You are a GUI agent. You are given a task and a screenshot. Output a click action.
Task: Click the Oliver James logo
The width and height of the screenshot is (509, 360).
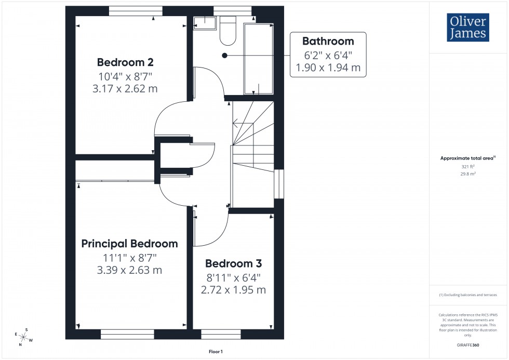467,28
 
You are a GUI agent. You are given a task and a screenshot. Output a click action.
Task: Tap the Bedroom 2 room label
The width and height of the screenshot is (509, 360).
125,62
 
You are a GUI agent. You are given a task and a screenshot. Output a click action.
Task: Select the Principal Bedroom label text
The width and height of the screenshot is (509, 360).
130,244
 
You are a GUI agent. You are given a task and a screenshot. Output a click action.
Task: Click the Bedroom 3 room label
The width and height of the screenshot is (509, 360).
233,263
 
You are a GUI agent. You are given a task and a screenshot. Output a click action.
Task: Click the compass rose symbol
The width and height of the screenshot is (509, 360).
24,337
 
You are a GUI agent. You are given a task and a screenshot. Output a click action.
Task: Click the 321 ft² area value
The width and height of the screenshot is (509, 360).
468,167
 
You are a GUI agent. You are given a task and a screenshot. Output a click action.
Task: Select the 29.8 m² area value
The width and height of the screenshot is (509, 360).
468,175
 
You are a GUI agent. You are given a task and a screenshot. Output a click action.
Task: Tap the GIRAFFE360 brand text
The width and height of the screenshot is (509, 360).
468,344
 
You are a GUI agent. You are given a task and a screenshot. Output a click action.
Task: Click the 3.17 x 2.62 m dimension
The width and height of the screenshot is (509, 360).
125,89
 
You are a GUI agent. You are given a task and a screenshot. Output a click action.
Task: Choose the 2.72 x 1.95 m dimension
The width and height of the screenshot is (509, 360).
233,290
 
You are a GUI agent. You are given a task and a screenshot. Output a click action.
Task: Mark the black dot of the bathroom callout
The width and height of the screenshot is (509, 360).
224,55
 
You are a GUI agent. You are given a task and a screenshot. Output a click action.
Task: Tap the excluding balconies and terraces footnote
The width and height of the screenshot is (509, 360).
468,295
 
